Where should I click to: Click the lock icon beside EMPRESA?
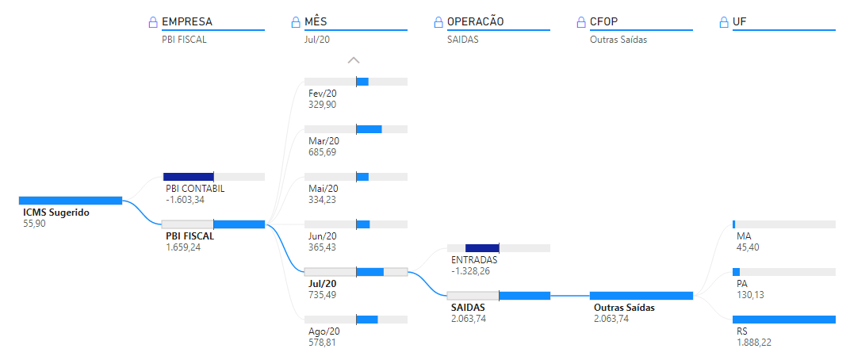[x=154, y=22]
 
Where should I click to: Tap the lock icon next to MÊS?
[x=297, y=22]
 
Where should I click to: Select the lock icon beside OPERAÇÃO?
[x=439, y=22]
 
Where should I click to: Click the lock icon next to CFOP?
[x=582, y=22]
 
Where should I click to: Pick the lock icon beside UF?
[x=725, y=22]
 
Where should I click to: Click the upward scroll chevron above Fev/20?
[x=354, y=59]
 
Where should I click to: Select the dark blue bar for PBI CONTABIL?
[x=189, y=177]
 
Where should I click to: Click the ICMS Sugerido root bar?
[x=71, y=201]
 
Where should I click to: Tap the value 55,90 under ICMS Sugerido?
[x=35, y=224]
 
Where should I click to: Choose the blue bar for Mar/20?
[x=369, y=129]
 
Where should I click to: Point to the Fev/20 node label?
[x=323, y=93]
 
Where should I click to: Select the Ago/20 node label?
[x=324, y=331]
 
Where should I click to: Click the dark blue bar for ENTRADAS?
[x=482, y=248]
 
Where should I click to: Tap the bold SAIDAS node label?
[x=468, y=307]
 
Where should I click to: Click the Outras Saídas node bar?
[x=641, y=296]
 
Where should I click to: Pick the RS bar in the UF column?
[x=784, y=320]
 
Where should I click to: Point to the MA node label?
[x=744, y=236]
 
